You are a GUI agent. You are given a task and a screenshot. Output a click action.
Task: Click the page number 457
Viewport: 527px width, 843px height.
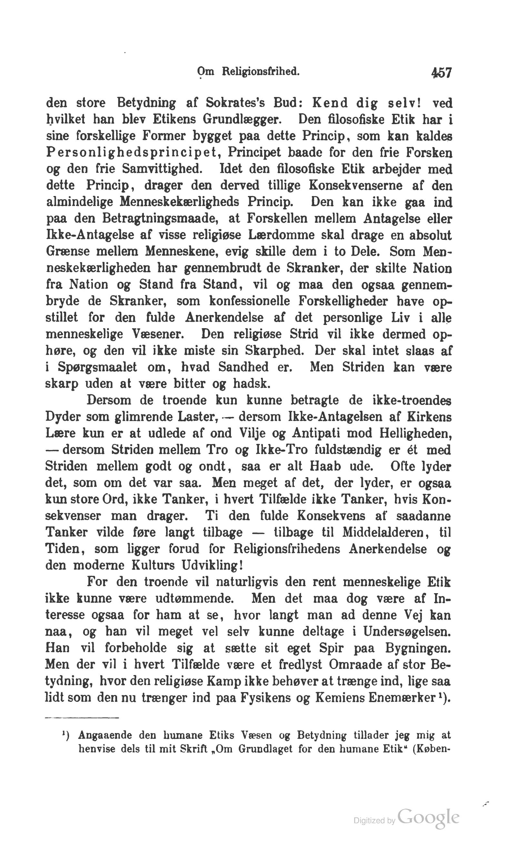click(x=441, y=73)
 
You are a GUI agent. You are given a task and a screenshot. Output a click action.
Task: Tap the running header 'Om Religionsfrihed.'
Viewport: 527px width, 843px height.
click(x=248, y=72)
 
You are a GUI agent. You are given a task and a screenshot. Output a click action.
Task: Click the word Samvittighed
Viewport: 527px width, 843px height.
click(x=162, y=169)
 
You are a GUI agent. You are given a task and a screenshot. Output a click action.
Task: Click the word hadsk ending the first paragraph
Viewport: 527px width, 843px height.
click(x=251, y=384)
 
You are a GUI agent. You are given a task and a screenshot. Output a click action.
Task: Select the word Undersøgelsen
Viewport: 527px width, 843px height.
click(x=406, y=632)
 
